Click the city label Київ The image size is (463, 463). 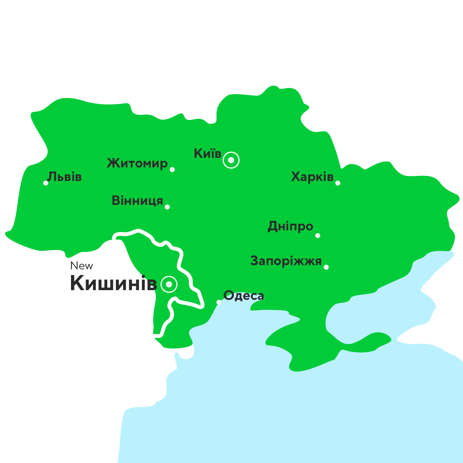coord(208,154)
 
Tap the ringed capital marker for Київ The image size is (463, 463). coord(231,160)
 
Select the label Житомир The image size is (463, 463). coord(137,163)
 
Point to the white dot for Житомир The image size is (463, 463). coord(172,169)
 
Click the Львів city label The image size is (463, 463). coord(64,177)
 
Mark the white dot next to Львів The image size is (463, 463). coord(46,183)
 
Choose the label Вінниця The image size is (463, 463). coord(137,201)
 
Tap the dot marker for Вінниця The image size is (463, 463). coord(167,207)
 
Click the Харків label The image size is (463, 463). coord(312,177)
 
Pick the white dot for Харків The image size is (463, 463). coord(338,183)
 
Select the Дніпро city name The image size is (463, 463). coord(290,226)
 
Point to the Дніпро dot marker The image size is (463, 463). coord(318,235)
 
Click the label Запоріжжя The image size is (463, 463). coord(286,261)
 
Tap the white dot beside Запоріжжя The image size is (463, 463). coord(326,267)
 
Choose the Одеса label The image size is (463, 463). coord(244,296)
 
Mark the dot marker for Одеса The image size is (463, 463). coord(219,302)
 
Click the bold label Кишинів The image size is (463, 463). coord(113,283)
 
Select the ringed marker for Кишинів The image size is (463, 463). coord(169,285)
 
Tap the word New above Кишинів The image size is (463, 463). coord(81,266)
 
